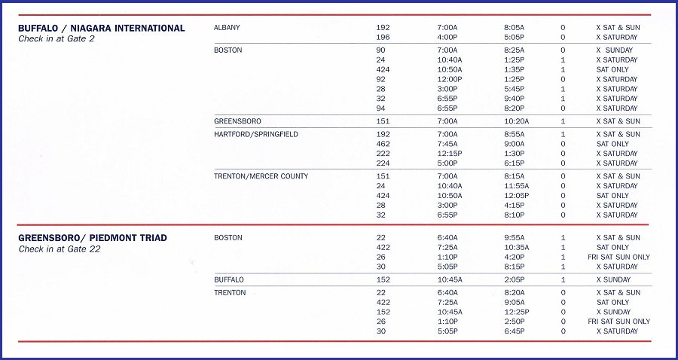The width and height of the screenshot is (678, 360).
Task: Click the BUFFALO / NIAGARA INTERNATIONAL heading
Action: point(101,29)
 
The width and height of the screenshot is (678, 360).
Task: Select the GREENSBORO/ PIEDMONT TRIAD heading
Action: point(93,238)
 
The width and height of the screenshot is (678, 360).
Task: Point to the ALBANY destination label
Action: point(227,28)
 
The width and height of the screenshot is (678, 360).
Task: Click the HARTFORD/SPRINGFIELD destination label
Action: point(256,134)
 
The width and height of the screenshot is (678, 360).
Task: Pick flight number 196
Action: point(383,37)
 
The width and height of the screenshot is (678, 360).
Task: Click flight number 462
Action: point(383,144)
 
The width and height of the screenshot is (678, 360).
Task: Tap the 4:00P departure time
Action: point(447,37)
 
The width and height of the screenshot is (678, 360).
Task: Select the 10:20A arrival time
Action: point(516,121)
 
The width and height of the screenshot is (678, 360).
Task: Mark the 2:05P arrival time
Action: point(515,279)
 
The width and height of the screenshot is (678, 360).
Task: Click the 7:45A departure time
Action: point(447,144)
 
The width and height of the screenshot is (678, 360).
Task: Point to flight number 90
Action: point(380,50)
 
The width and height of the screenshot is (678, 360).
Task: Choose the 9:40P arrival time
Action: point(515,99)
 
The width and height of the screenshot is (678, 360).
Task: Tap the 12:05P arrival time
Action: point(516,196)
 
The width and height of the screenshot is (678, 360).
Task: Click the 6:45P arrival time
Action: point(515,331)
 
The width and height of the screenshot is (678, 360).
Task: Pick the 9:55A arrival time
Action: point(515,238)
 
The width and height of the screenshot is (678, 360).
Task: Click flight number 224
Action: point(383,163)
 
